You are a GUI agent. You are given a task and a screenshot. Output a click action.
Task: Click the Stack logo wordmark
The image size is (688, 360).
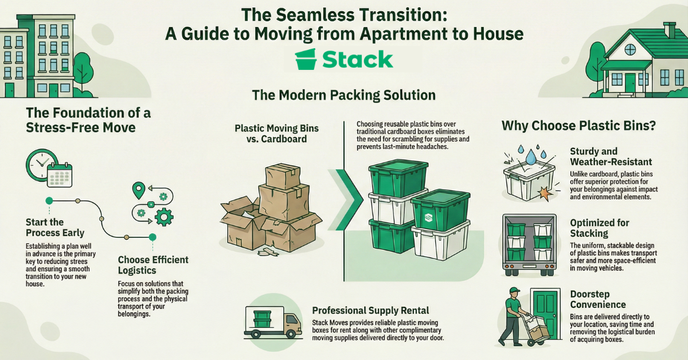(x=357, y=60)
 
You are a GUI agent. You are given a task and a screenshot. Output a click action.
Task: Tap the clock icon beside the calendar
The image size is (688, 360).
(x=40, y=166)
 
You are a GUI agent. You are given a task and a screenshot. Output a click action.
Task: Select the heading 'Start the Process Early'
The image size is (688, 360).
(x=55, y=227)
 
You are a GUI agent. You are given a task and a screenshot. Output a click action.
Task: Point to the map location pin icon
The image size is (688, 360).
(x=138, y=190)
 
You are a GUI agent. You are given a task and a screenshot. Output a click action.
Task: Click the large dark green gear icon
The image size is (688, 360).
(x=165, y=216)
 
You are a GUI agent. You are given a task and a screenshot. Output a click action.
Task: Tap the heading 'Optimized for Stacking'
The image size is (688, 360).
(x=600, y=228)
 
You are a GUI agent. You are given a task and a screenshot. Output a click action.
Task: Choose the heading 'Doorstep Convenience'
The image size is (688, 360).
(x=598, y=299)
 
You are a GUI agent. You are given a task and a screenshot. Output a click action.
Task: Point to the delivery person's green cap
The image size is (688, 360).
(x=513, y=291)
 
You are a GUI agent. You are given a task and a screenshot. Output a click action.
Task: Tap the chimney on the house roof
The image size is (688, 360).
(x=669, y=30)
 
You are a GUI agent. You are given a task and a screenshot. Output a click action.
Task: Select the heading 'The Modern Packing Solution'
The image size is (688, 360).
(x=343, y=95)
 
